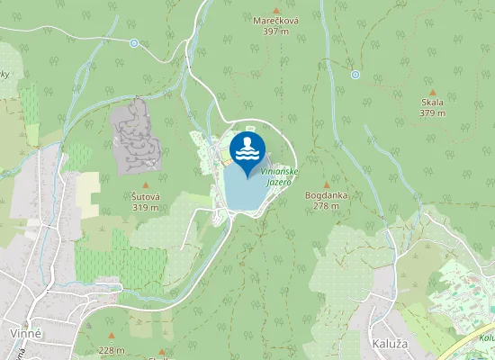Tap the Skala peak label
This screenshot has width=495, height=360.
[432, 103]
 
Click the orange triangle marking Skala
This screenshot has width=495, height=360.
[432, 92]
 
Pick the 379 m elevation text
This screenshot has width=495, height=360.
[432, 113]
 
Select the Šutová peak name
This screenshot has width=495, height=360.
[145, 196]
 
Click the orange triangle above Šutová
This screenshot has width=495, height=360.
[145, 185]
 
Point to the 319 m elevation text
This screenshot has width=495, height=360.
[145, 207]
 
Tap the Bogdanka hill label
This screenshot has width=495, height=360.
[327, 194]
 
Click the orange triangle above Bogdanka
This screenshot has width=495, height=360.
[327, 184]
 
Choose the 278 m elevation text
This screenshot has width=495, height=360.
[327, 205]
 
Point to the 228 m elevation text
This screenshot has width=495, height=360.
[112, 350]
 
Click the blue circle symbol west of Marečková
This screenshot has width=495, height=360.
[134, 43]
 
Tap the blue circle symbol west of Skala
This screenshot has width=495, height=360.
[355, 75]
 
